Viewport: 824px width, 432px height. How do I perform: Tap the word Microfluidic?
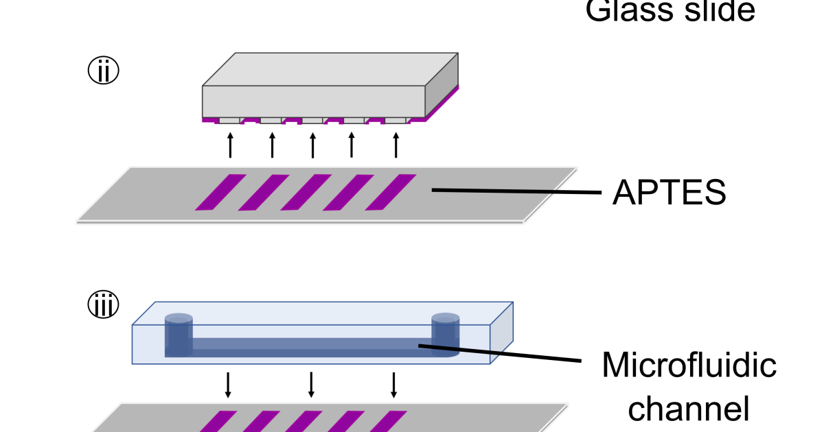pos(689,365)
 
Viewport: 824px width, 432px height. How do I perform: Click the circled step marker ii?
pos(103,71)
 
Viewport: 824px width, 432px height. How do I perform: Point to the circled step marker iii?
pos(103,305)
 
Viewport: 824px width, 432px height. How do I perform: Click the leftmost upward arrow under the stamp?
pos(230,145)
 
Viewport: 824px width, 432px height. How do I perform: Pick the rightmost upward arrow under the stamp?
pos(396,145)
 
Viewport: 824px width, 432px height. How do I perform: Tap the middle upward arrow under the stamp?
pos(313,145)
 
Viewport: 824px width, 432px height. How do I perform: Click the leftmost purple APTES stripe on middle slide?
pos(220,192)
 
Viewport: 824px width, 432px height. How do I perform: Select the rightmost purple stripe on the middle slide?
pos(391,192)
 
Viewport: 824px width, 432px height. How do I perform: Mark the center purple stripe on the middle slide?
pos(306,192)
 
